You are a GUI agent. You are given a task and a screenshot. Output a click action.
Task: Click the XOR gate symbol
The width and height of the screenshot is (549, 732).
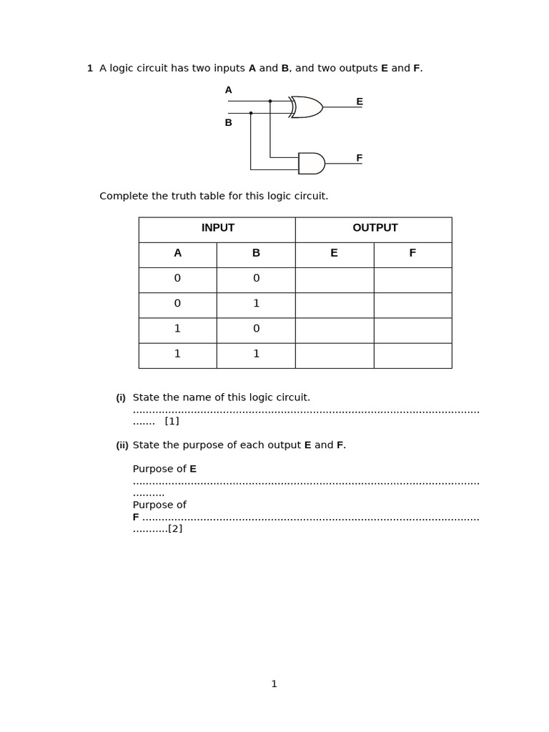tap(307, 107)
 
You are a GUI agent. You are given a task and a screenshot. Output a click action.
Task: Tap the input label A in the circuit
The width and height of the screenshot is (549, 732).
tap(229, 90)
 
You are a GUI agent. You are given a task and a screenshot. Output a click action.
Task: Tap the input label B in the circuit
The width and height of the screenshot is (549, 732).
tap(229, 123)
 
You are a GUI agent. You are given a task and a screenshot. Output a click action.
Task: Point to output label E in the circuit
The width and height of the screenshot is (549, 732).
tap(360, 102)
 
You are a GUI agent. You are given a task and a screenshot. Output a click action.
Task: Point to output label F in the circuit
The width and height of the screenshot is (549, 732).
tap(360, 158)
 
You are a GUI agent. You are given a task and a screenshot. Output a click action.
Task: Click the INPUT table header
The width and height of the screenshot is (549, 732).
tap(217, 228)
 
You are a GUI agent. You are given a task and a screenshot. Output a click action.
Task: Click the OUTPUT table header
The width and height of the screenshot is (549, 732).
tap(375, 228)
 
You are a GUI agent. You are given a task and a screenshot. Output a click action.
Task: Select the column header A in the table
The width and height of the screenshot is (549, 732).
tap(177, 253)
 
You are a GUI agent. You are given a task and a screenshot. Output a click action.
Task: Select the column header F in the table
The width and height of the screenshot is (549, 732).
tap(412, 253)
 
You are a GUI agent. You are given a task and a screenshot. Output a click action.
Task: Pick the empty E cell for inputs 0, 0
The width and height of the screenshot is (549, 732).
tap(334, 279)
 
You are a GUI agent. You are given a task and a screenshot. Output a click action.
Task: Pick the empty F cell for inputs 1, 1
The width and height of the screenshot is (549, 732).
tap(412, 355)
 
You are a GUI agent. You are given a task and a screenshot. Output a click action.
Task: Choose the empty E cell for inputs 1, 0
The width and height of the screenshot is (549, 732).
tap(334, 330)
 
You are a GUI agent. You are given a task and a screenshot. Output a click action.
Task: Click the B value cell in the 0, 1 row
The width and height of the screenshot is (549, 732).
tap(256, 304)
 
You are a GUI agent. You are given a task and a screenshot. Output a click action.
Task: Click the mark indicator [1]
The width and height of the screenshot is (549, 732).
tap(172, 421)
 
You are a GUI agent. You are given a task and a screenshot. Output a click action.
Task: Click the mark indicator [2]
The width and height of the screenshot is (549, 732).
tap(175, 529)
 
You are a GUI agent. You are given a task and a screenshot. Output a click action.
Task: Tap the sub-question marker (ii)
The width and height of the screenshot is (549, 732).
tap(122, 445)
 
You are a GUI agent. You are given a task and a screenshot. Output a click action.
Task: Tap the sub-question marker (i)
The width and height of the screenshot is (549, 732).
tap(121, 398)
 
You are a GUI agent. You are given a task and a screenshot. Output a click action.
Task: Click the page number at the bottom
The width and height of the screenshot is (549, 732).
tap(274, 684)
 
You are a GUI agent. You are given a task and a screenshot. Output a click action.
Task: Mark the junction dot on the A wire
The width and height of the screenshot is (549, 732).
tap(270, 102)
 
